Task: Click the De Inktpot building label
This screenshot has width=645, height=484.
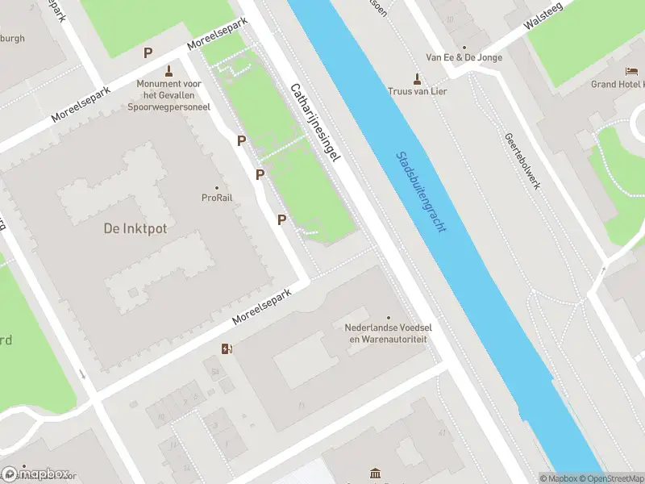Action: coord(135,228)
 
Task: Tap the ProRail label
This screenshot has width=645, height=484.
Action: coord(217,198)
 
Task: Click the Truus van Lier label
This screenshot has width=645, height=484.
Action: coord(417,91)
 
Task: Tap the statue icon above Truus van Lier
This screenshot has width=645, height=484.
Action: coord(417,78)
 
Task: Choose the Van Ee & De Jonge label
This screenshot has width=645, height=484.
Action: coord(464,58)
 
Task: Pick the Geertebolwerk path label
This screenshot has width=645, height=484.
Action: coord(522,161)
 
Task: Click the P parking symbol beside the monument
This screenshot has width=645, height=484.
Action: coord(148,52)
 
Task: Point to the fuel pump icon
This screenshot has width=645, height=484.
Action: coord(228,349)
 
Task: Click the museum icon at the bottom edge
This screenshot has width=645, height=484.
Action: coord(374,474)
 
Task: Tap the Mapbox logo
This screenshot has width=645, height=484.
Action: coord(35,474)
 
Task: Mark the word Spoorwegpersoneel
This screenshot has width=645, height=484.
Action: coord(169,106)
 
